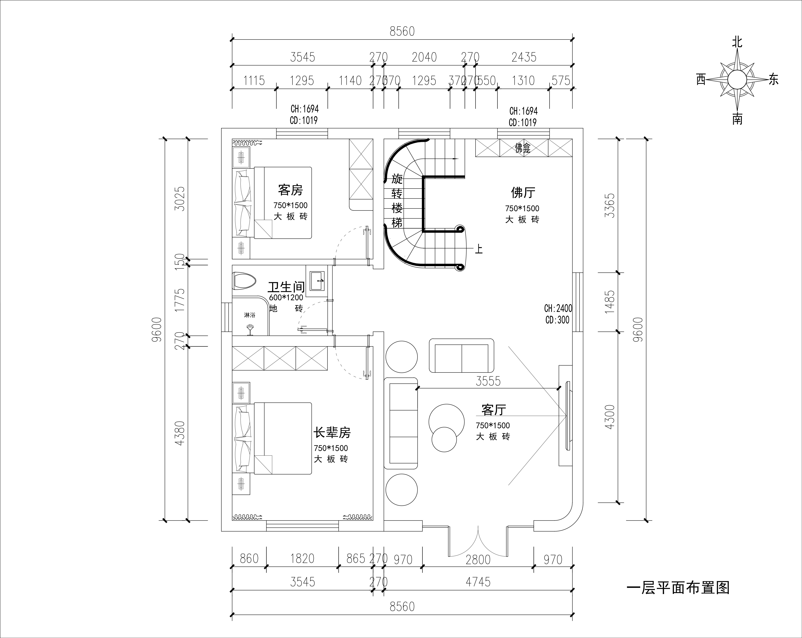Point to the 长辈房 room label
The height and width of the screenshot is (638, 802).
click(x=332, y=432)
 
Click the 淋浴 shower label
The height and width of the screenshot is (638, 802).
click(x=250, y=315)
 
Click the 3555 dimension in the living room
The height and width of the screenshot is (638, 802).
click(x=488, y=381)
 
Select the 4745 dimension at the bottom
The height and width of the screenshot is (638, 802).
click(x=478, y=582)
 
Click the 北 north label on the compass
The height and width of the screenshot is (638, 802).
click(x=737, y=42)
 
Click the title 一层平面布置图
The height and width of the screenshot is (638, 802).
click(x=678, y=588)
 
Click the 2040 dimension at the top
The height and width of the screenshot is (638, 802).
click(x=424, y=57)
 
